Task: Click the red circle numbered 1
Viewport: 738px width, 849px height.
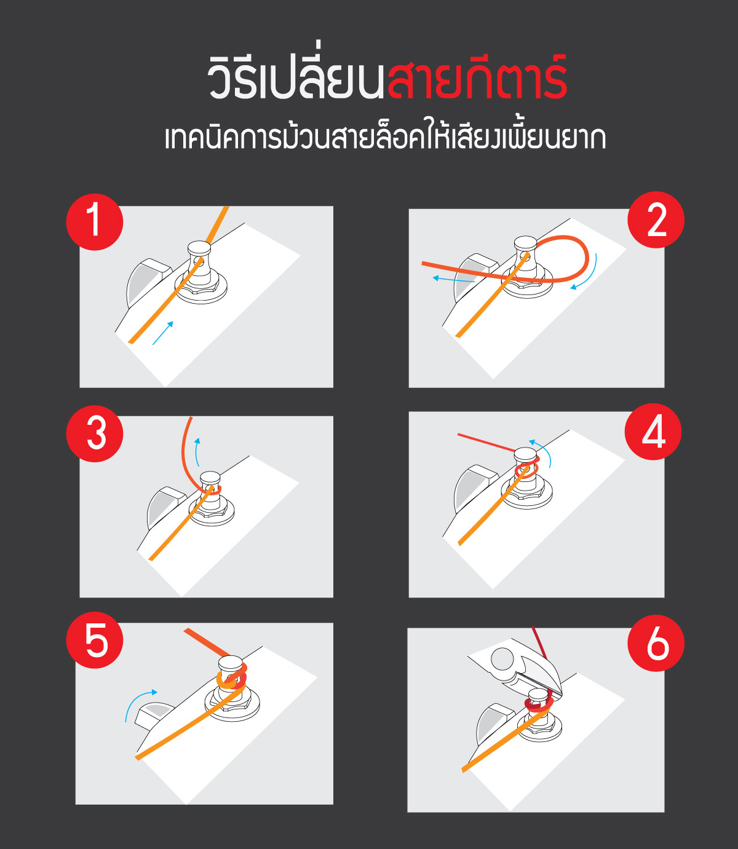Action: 95,221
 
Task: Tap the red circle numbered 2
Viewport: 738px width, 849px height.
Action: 656,219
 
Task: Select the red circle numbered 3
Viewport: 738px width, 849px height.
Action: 95,433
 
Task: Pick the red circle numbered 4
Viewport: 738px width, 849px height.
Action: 653,432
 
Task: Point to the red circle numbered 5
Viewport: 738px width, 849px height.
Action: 95,640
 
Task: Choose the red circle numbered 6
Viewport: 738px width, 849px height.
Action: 656,643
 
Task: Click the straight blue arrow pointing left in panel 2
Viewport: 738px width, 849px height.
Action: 454,279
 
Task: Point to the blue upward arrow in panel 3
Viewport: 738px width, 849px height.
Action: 197,452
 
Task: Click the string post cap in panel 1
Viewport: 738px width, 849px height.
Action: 199,248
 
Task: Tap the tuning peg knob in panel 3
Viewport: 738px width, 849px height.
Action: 165,508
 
